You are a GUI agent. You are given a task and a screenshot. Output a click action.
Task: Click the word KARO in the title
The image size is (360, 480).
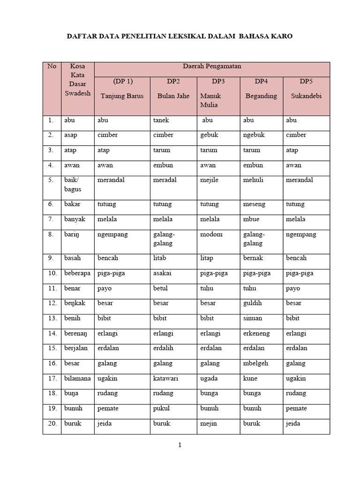click(281, 36)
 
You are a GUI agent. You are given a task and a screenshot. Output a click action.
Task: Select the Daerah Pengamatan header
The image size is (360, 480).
click(212, 67)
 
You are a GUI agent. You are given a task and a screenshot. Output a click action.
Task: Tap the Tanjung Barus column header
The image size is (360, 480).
click(122, 96)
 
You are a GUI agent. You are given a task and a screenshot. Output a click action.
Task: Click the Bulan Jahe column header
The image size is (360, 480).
click(173, 96)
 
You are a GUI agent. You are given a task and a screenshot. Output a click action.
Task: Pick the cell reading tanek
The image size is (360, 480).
click(161, 120)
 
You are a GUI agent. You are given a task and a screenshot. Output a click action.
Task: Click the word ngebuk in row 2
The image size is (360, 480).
click(254, 135)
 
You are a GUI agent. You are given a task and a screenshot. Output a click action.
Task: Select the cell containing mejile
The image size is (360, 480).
click(210, 180)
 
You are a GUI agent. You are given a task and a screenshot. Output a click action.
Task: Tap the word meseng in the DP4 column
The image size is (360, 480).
click(254, 204)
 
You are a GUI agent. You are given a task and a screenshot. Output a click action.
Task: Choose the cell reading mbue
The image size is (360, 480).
click(251, 219)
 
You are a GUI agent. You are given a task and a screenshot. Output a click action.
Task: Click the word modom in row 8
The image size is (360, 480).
click(211, 234)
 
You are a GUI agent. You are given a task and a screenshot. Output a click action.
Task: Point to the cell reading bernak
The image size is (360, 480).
click(253, 258)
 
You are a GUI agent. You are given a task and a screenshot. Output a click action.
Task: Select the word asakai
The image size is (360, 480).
click(164, 273)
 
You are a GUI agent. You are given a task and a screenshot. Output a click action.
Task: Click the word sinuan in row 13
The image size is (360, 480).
click(253, 318)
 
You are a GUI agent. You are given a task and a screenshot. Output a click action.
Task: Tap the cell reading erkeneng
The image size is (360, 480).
click(256, 333)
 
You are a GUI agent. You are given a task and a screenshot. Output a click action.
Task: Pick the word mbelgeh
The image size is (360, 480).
click(256, 363)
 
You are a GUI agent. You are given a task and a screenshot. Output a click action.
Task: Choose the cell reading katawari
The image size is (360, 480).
click(165, 378)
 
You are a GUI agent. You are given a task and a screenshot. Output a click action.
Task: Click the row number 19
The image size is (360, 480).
click(52, 408)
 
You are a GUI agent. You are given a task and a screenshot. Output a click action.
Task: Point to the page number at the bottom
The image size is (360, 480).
click(180, 446)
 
